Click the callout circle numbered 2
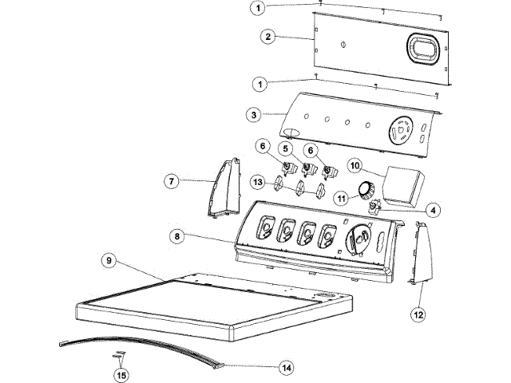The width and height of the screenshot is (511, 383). point(269,36)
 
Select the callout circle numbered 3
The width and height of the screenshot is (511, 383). point(254,115)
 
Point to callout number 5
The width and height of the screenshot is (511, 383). point(285,149)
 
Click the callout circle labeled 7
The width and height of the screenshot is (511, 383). point(172,181)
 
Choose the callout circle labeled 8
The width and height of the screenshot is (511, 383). point(179,236)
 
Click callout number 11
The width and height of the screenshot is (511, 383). point(340,197)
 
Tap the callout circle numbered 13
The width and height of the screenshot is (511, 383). point(257,182)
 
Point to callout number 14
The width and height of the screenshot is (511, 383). point(286,368)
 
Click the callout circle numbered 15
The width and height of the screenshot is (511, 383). point(121,373)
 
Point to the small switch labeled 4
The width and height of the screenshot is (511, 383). point(372,208)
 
